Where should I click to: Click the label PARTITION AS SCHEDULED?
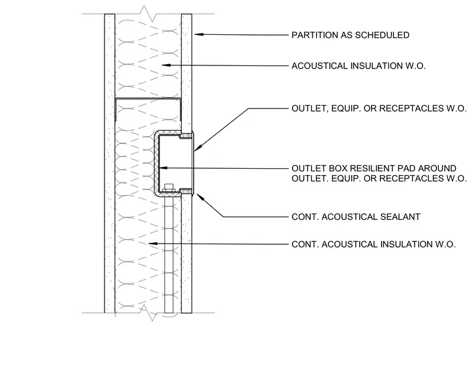point(350,35)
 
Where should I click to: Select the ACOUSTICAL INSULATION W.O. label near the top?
point(358,66)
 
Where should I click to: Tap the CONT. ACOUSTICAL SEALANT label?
point(355,217)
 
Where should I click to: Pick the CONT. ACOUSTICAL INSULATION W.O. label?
point(373,244)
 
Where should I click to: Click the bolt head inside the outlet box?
point(169,187)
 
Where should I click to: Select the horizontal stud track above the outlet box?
point(148,98)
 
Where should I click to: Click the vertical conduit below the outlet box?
point(169,254)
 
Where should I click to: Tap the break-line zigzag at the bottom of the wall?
point(149,313)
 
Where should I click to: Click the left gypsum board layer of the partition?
point(110,163)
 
